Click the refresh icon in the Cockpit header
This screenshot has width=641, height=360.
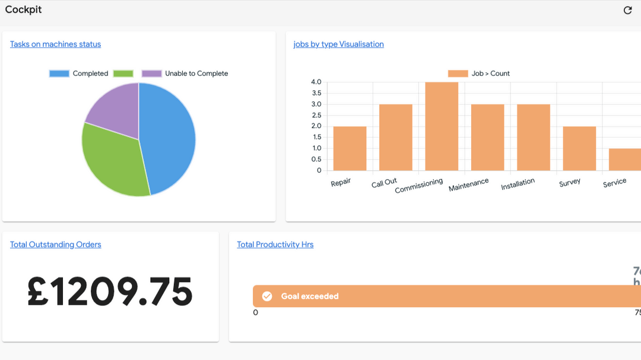(x=627, y=10)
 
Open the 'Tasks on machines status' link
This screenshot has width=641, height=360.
(x=55, y=44)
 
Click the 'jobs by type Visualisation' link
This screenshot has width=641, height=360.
(x=338, y=44)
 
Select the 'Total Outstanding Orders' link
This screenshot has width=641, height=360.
(x=55, y=244)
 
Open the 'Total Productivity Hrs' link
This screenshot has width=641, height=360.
(x=275, y=244)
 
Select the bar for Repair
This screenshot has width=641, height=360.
(x=350, y=148)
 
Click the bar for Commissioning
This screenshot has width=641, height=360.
(x=442, y=126)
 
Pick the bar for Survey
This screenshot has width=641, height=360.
(x=579, y=148)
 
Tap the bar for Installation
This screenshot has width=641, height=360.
(x=533, y=138)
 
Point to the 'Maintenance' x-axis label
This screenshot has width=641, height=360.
(x=468, y=184)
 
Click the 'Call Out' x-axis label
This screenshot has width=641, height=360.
(x=384, y=183)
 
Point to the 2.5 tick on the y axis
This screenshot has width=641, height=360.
(x=316, y=115)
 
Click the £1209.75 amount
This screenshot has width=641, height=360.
(x=110, y=292)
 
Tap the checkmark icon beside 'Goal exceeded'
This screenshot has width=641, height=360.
(x=267, y=296)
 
